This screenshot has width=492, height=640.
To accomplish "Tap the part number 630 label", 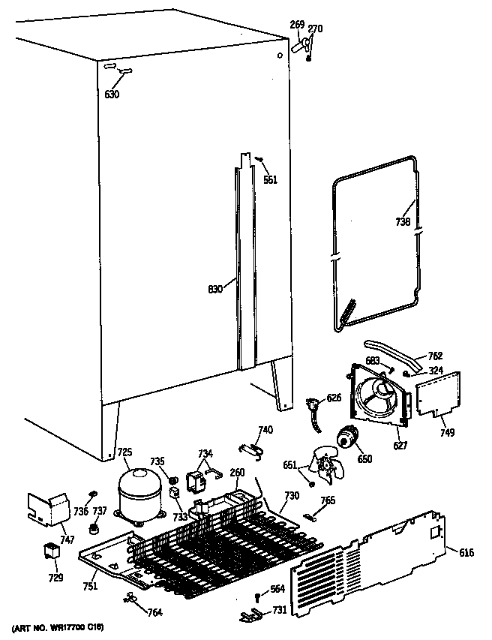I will click(112, 94).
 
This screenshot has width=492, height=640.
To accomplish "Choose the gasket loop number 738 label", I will click(403, 223).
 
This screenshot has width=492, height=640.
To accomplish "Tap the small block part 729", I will click(51, 555).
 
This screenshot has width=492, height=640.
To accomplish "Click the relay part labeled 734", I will click(198, 479).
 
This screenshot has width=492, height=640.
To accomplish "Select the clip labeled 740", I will click(250, 449).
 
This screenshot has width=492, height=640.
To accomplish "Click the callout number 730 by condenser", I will click(292, 496).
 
